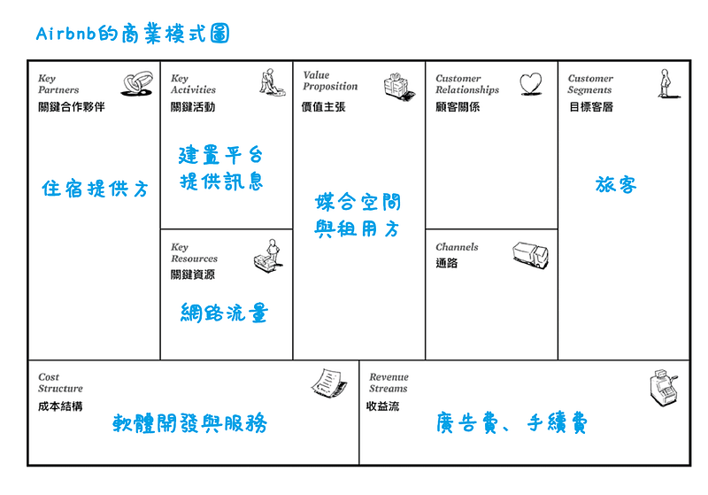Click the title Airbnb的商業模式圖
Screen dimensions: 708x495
[x=133, y=34]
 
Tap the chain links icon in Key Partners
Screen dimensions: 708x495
[x=137, y=83]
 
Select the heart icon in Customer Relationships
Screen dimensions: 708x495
[x=530, y=84]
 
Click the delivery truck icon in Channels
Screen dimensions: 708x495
[x=530, y=255]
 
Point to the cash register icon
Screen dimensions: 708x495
[x=663, y=388]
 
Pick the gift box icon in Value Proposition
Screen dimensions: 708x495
[x=399, y=86]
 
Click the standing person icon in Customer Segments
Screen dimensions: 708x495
[x=667, y=83]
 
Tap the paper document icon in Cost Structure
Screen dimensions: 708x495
[x=329, y=383]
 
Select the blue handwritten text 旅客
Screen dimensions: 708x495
[x=616, y=185]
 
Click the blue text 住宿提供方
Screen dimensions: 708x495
[x=96, y=189]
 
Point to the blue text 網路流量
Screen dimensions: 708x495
[x=225, y=313]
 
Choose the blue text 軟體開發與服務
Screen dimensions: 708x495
[x=189, y=423]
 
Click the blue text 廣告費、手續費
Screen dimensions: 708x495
[x=512, y=423]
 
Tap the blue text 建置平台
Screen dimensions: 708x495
[x=220, y=155]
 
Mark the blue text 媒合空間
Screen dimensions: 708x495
[x=358, y=202]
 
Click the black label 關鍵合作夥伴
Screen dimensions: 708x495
[x=72, y=107]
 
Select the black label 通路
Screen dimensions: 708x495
[x=447, y=263]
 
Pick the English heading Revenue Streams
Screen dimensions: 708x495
[x=389, y=383]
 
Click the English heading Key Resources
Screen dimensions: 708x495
[x=194, y=253]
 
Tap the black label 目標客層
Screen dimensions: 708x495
[x=591, y=107]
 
